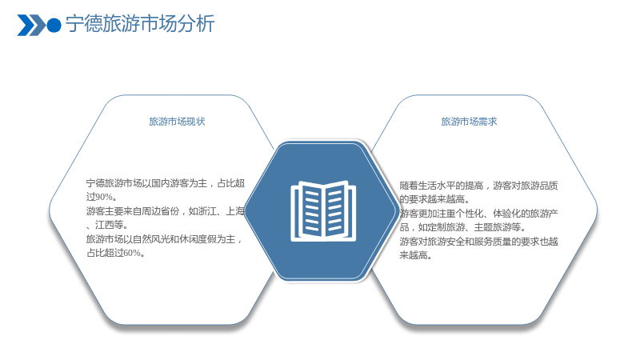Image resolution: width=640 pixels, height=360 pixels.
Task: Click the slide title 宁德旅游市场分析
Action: (x=140, y=24)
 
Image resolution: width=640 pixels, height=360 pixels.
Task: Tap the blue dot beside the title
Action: (x=54, y=26)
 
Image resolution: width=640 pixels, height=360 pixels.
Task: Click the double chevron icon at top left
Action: (x=31, y=26)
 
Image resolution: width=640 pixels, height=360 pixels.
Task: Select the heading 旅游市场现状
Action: (x=177, y=122)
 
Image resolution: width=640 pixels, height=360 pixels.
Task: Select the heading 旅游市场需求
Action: (x=469, y=122)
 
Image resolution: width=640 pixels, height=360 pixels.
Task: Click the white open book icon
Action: (x=323, y=211)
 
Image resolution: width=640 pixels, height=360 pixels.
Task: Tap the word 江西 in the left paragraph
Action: (x=105, y=225)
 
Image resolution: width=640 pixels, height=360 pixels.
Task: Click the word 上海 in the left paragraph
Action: (x=235, y=211)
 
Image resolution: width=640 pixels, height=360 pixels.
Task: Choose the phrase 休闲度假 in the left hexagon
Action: (x=198, y=239)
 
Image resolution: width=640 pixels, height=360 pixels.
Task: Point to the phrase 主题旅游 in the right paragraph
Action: (x=493, y=227)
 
